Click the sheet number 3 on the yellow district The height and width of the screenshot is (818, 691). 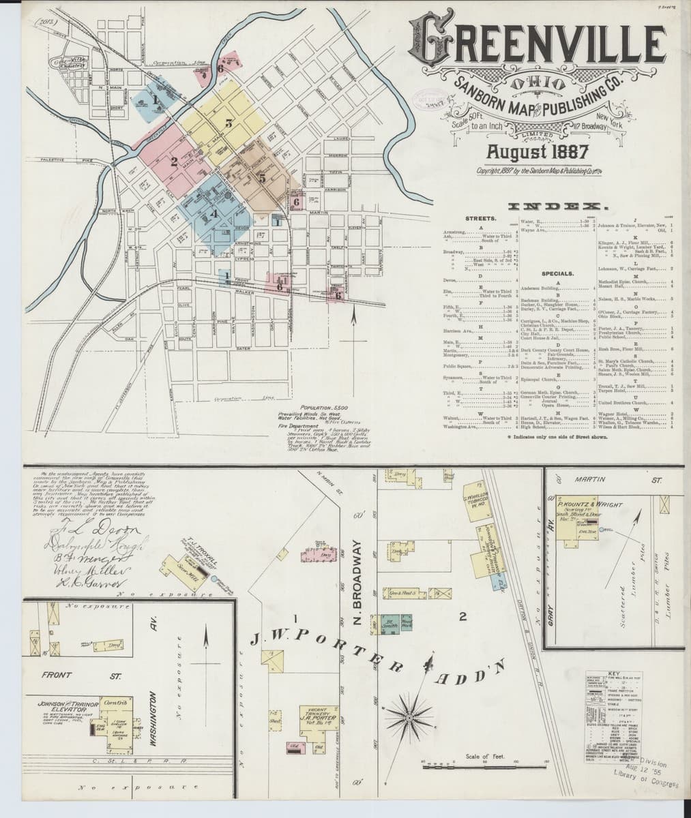coord(229,123)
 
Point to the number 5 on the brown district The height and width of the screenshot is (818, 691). coord(261,178)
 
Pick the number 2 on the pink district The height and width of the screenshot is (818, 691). coord(175,162)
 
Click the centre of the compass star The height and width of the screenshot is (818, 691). coord(409,716)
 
